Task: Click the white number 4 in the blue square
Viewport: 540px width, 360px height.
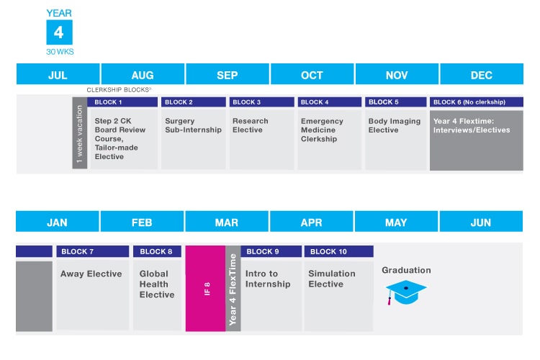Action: click(59, 33)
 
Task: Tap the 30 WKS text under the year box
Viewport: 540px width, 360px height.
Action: click(59, 52)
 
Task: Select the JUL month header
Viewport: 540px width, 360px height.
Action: click(58, 75)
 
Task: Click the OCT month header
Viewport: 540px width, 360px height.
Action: click(312, 75)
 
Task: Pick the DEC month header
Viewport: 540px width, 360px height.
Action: click(481, 75)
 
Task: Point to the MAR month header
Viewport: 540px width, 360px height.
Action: click(227, 222)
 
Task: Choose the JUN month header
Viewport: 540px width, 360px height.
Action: click(481, 222)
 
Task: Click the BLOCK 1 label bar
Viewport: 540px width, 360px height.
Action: click(124, 102)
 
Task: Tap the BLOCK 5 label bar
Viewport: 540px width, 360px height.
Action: click(395, 102)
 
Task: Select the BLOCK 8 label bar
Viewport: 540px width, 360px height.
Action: click(156, 251)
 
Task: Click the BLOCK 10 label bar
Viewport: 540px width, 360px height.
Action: click(338, 251)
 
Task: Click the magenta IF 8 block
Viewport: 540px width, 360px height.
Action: click(205, 288)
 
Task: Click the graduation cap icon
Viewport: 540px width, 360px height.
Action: click(405, 292)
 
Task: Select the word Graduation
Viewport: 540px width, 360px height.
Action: click(406, 270)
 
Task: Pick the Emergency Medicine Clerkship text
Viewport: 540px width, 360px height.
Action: click(322, 130)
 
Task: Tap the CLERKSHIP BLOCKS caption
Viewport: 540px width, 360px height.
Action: click(118, 89)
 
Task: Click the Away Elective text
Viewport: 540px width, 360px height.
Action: click(91, 274)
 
